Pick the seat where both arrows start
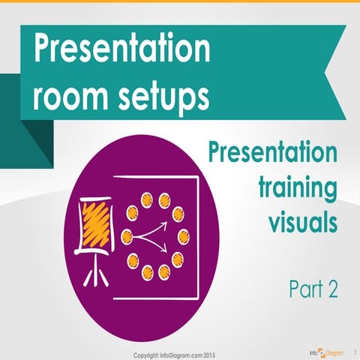pos(127,238)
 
